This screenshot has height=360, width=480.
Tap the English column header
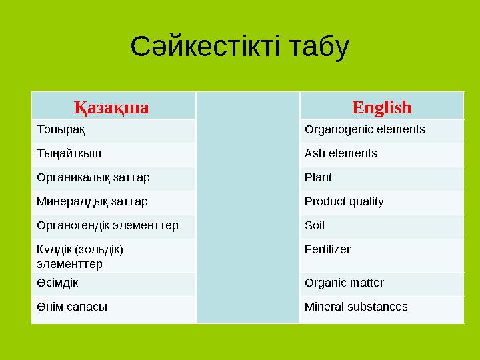point(381,107)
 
